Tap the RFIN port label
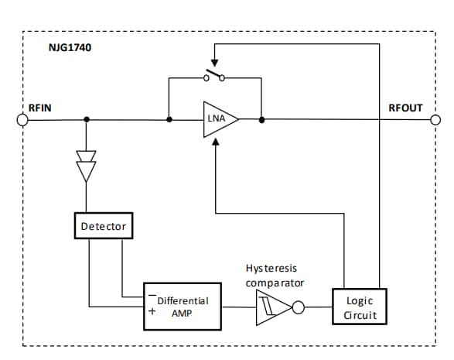tap(39, 108)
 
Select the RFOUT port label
tap(405, 108)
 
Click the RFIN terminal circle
tap(22, 120)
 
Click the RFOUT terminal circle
tap(435, 120)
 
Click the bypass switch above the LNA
tap(214, 76)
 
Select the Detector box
tap(103, 226)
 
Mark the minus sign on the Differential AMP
tap(152, 295)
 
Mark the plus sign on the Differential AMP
tap(152, 312)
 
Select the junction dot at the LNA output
tap(262, 120)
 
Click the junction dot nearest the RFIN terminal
tap(86, 120)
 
